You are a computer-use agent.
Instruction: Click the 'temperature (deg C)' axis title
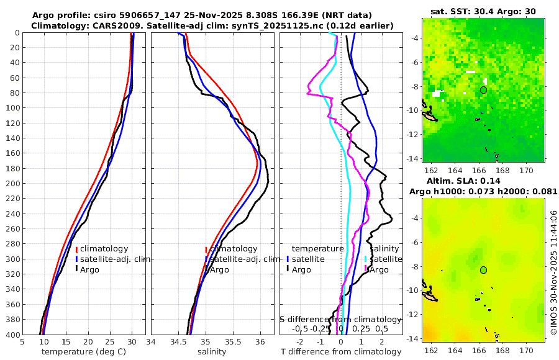83,352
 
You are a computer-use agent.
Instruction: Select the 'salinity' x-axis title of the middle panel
212,352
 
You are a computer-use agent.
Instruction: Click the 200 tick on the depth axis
12,183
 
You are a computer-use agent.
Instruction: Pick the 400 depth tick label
12,335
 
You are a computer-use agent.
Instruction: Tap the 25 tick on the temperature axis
110,341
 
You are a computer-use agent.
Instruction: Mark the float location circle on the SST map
483,90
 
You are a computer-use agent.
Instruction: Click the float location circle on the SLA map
483,269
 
